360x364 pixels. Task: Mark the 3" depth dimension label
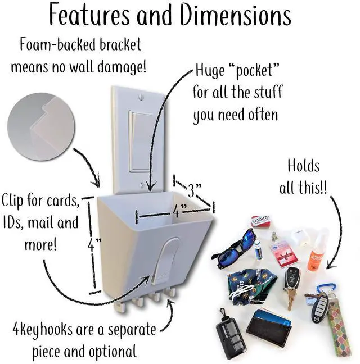195,190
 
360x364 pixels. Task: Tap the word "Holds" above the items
303,166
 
